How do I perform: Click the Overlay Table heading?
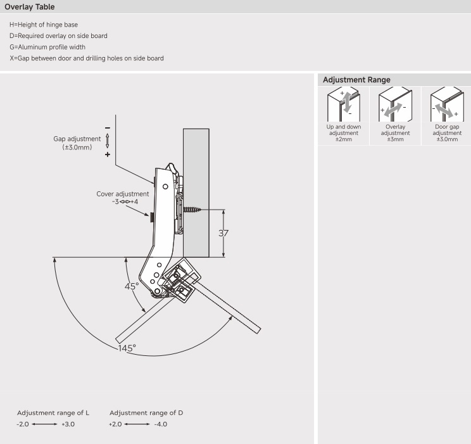pos(29,6)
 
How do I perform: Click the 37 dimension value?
pos(223,232)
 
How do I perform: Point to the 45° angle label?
pos(132,286)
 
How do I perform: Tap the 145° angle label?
pos(125,349)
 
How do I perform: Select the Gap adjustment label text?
pos(77,139)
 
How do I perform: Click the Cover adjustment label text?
pos(123,194)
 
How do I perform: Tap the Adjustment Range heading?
pos(356,80)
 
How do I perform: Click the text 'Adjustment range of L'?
pos(53,412)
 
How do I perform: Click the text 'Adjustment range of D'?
pos(146,412)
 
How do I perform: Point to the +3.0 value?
pos(68,424)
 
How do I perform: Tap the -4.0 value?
pos(160,424)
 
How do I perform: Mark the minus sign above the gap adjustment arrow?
pos(107,127)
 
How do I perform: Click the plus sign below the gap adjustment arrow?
pos(107,155)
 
